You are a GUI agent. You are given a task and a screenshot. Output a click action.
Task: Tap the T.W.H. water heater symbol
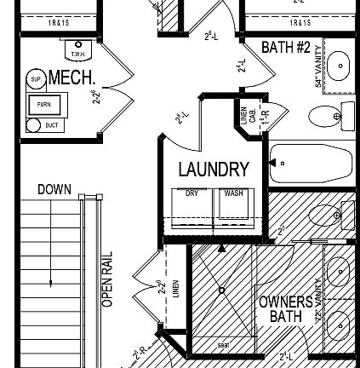(78, 50)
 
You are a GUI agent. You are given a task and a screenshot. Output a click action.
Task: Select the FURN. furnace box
(43, 105)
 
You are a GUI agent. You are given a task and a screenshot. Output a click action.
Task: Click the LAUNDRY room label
(213, 170)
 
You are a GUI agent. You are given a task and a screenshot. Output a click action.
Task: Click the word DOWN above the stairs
(54, 189)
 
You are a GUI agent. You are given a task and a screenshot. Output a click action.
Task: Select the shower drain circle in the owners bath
(222, 290)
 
